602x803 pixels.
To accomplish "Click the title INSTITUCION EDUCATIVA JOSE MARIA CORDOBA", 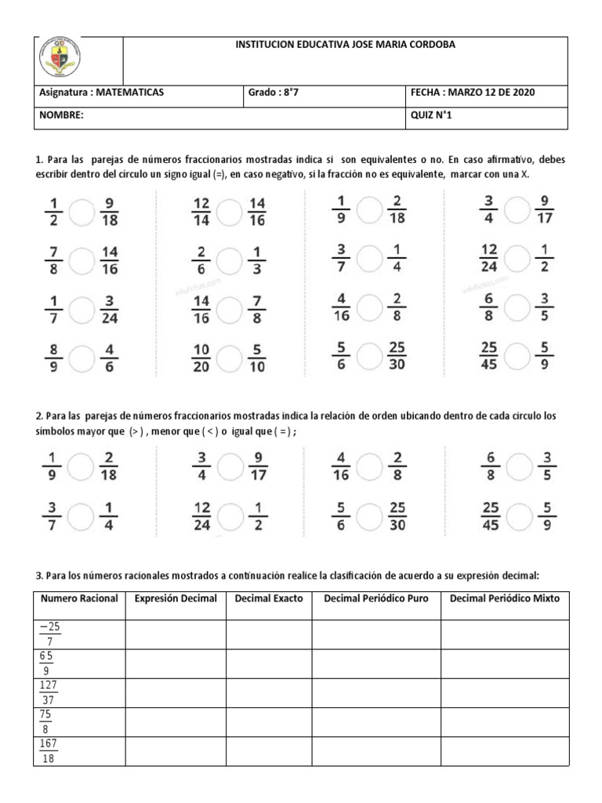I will (x=345, y=45).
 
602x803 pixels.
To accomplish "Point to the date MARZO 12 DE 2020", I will (x=490, y=93).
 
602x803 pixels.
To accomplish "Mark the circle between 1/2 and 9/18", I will (x=81, y=211).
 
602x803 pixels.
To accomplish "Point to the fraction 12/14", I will (x=201, y=211).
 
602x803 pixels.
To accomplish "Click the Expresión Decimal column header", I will (x=176, y=598).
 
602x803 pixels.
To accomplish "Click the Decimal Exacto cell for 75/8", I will (x=269, y=721).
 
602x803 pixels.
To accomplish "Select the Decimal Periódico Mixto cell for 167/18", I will (x=504, y=750).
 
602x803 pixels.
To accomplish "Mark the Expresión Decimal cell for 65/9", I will (x=176, y=664).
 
